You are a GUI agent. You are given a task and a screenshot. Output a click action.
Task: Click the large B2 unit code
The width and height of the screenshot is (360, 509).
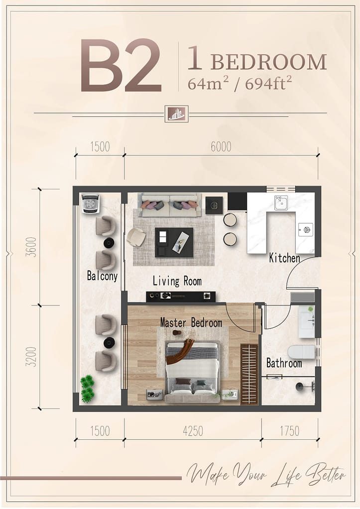click(120, 66)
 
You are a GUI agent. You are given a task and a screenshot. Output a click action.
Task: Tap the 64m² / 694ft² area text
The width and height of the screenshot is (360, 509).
click(240, 84)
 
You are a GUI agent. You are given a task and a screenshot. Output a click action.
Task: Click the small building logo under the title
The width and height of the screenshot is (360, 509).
click(176, 114)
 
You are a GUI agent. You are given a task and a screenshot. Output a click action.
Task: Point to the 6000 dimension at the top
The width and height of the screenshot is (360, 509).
click(221, 147)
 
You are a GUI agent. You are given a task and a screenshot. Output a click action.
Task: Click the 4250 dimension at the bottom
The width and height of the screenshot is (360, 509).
click(193, 431)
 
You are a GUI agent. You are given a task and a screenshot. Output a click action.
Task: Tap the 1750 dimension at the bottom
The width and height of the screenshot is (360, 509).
click(289, 431)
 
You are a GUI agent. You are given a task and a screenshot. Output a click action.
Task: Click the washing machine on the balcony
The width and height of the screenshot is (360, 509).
click(91, 204)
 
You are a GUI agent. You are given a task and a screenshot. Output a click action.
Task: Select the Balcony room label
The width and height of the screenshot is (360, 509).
click(103, 276)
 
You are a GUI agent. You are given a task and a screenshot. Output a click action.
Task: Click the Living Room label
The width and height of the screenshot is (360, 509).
click(177, 281)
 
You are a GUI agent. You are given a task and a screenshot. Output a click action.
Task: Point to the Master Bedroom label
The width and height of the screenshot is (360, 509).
click(191, 323)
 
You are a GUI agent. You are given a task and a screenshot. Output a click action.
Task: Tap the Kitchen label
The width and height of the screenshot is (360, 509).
click(285, 258)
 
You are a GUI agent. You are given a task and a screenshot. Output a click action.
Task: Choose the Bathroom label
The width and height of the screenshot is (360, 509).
click(284, 363)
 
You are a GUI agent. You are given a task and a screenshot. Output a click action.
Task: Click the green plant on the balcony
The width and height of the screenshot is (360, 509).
click(88, 389)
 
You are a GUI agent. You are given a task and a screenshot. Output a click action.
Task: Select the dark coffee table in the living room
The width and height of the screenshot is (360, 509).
click(174, 242)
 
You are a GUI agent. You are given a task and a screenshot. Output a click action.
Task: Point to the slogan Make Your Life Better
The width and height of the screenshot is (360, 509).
click(266, 475)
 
